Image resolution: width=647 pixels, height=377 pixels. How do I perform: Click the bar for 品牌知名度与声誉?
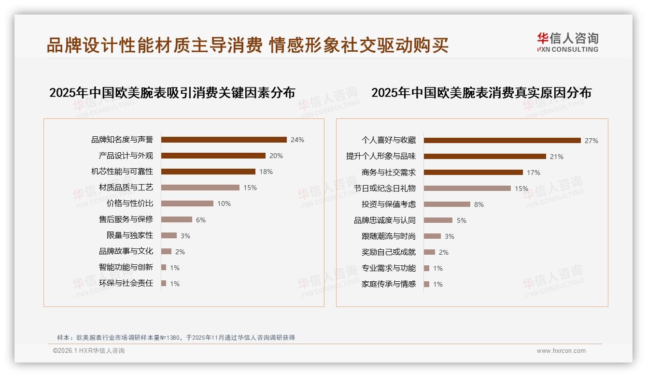click(x=224, y=140)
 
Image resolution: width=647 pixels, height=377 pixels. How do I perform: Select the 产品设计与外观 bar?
click(x=213, y=156)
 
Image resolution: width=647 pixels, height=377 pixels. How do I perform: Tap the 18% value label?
click(x=266, y=172)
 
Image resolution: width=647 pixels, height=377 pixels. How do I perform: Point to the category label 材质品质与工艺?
click(x=126, y=188)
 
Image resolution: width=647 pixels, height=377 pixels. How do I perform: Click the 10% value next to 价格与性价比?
click(x=224, y=203)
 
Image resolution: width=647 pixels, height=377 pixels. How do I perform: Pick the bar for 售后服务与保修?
click(x=176, y=219)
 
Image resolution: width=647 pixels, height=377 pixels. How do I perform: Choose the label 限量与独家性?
click(x=129, y=235)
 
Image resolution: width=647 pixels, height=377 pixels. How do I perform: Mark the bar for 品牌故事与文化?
click(x=166, y=251)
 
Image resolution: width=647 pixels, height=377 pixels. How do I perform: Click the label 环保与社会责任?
click(x=126, y=283)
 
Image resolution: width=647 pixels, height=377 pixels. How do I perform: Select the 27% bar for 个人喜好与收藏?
click(x=502, y=141)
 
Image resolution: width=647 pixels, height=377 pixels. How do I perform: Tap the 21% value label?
click(x=557, y=157)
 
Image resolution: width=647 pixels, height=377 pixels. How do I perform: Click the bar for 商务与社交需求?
click(x=473, y=173)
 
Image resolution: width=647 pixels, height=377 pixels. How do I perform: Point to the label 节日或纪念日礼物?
click(x=384, y=188)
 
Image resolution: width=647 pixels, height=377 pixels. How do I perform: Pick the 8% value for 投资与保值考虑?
click(x=479, y=204)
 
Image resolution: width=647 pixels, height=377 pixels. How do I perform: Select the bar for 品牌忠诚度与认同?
click(x=438, y=220)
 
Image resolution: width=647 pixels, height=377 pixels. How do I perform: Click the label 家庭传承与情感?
click(x=388, y=284)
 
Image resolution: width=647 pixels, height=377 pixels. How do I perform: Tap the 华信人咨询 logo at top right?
click(x=567, y=43)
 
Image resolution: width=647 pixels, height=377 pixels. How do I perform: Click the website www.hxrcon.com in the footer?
click(x=561, y=351)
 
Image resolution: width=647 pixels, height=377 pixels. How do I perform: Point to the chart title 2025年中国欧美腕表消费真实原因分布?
click(x=481, y=93)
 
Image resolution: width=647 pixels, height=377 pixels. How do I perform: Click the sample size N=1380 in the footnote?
click(x=169, y=338)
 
